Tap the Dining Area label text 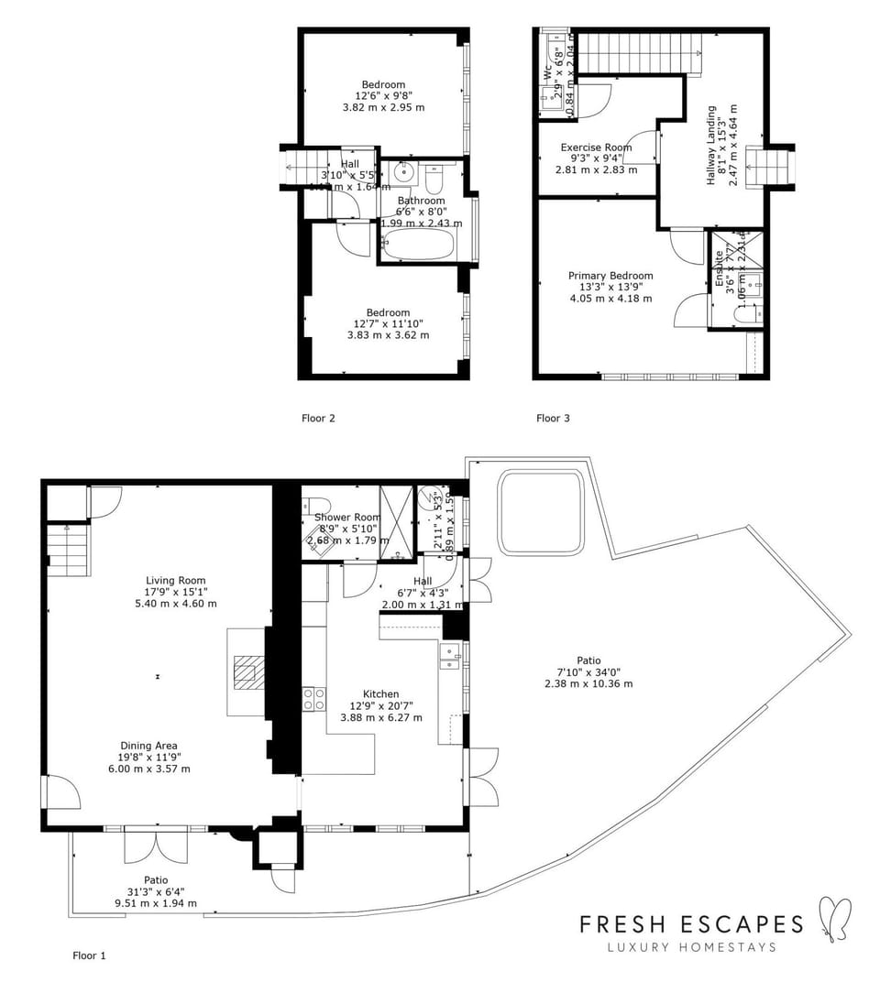click(x=148, y=746)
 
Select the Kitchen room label click(x=380, y=694)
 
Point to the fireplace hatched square click(x=247, y=671)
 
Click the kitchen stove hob click(x=313, y=699)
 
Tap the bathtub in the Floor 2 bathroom click(x=417, y=245)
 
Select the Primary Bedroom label click(x=610, y=276)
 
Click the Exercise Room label click(x=596, y=147)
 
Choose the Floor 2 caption click(x=318, y=419)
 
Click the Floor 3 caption click(x=553, y=419)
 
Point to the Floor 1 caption click(x=89, y=955)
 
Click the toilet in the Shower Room click(x=315, y=505)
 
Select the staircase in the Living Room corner click(x=68, y=550)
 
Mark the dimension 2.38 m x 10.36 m click(x=588, y=683)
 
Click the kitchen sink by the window click(x=449, y=656)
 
